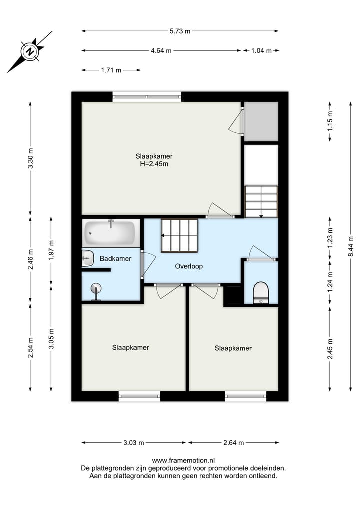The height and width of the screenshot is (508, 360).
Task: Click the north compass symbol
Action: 30,52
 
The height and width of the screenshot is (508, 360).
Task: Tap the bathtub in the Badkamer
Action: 110,232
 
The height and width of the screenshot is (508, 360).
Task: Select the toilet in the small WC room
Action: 261,292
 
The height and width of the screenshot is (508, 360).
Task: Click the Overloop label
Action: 189,266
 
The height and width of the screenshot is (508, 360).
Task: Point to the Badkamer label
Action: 115,259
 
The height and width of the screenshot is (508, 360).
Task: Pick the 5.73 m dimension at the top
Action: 180,31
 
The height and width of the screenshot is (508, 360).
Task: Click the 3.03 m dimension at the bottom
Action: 134,443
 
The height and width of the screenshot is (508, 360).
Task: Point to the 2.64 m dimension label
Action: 234,443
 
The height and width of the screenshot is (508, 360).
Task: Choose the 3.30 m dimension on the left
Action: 30,159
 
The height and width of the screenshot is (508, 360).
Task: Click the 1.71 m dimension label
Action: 111,70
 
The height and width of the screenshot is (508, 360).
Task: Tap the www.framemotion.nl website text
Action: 183,461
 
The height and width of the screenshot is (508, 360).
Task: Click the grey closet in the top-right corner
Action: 261,121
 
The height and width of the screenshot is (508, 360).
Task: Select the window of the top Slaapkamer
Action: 146,97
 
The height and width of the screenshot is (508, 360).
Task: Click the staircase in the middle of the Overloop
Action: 179,235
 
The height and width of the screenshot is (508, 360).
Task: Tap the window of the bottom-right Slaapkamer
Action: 245,397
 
